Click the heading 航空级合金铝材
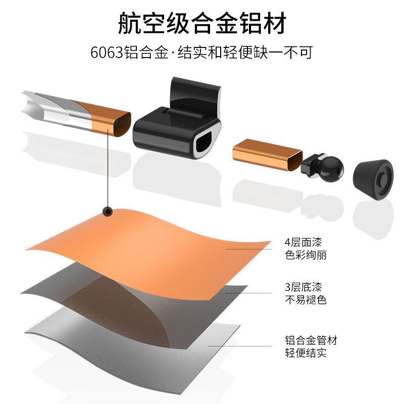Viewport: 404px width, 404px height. tap(202, 23)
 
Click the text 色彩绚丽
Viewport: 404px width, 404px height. tap(306, 255)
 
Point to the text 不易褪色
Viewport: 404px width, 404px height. tap(306, 300)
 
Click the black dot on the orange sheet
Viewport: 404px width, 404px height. tap(107, 212)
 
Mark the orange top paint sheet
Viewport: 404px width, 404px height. tap(167, 237)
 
